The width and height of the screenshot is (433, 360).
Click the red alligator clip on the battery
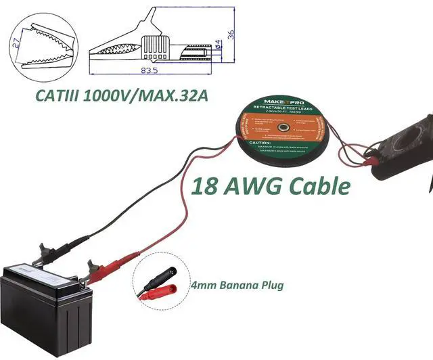pos(101,272)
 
